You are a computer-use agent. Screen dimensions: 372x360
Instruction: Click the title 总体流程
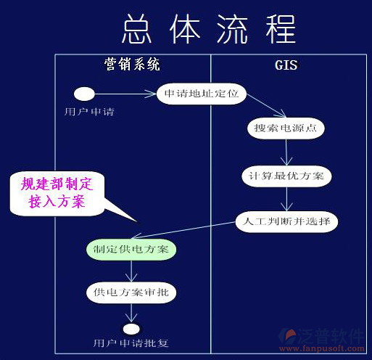(210, 29)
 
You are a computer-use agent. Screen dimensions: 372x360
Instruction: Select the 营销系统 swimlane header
(132, 65)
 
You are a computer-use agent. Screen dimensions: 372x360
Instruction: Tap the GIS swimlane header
(286, 65)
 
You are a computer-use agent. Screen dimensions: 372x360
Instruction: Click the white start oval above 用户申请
(84, 94)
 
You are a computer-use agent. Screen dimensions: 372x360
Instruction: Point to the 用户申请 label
(89, 112)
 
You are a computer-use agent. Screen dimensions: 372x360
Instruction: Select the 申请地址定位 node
(202, 94)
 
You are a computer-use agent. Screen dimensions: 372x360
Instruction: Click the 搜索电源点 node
(286, 128)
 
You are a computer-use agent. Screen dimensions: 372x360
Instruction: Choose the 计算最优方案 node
(286, 176)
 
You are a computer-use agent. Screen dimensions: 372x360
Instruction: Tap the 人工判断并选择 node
(286, 222)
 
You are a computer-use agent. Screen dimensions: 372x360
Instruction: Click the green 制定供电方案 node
(131, 250)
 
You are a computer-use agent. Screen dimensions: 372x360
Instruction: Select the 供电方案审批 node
(131, 292)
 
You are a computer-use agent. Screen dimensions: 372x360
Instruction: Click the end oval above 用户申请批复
(131, 329)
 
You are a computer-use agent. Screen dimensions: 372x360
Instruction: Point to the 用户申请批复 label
(131, 343)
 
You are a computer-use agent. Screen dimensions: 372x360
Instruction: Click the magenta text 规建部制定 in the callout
(57, 184)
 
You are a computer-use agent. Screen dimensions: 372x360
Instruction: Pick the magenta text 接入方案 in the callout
(57, 201)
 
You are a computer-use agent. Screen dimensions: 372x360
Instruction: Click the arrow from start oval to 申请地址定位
(125, 94)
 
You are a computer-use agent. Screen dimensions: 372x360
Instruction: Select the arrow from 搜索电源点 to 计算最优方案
(286, 152)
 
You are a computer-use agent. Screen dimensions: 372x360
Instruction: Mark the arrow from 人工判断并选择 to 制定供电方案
(183, 230)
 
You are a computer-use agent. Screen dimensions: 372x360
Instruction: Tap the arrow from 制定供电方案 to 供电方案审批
(131, 271)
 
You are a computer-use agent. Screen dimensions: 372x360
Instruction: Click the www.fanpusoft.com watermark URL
(322, 348)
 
